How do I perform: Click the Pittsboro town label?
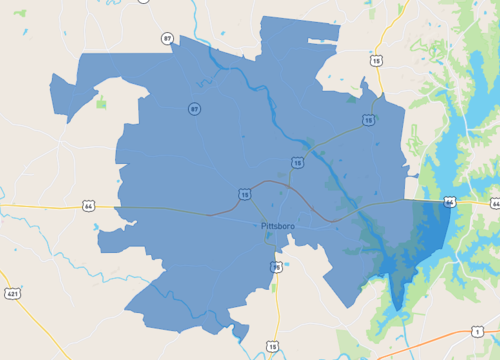click(x=275, y=226)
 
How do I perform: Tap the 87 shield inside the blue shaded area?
click(x=192, y=108)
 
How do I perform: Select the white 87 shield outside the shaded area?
click(x=167, y=38)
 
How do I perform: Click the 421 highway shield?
click(x=12, y=294)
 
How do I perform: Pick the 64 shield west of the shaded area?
click(x=88, y=206)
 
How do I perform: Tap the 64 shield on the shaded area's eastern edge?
click(x=450, y=201)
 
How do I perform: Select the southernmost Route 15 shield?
click(x=272, y=346)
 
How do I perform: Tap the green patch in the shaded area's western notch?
click(x=101, y=101)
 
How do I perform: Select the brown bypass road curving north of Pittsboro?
click(x=270, y=184)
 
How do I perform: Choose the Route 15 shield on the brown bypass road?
click(x=244, y=193)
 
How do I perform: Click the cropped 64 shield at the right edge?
click(x=495, y=204)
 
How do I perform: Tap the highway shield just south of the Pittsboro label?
click(x=277, y=267)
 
